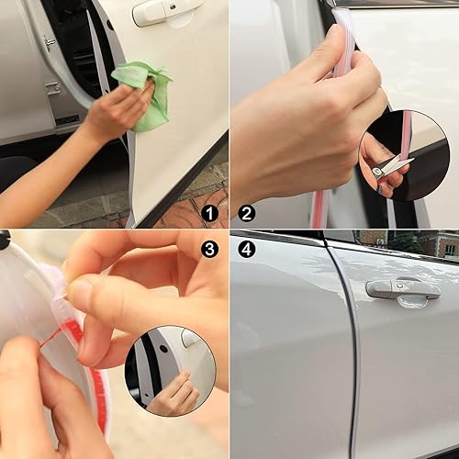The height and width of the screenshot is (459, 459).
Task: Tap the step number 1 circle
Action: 212,213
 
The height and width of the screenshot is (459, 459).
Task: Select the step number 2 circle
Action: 246,213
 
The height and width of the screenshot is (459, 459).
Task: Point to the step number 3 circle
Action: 212,248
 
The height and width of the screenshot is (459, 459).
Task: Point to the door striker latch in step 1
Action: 48,42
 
